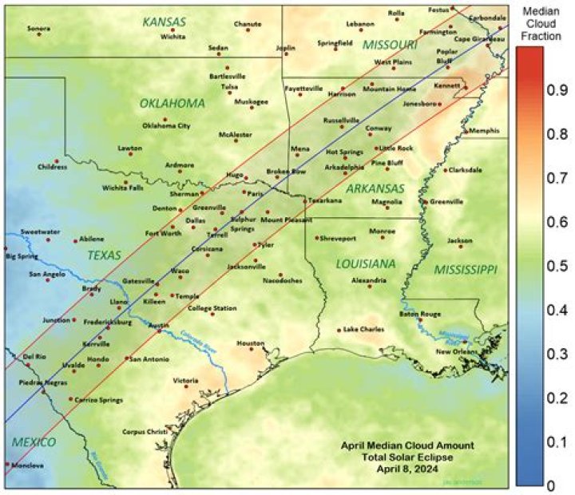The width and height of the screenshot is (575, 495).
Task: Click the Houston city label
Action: pos(250,343)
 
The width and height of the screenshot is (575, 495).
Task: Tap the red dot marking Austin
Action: pos(159,331)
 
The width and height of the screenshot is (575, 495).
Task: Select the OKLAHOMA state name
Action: pos(172,104)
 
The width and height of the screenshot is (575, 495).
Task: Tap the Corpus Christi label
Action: pos(145,432)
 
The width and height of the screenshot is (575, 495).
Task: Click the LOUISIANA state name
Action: pos(366,263)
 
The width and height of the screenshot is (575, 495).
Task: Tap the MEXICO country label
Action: pos(34,442)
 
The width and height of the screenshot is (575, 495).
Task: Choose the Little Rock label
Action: pos(396,148)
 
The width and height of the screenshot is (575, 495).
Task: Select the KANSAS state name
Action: pos(164,22)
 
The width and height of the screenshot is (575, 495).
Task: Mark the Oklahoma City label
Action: pos(166,125)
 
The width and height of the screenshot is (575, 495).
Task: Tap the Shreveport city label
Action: pos(339,238)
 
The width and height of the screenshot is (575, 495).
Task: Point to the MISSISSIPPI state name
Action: pos(466,270)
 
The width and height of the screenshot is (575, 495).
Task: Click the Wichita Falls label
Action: pos(123,188)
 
